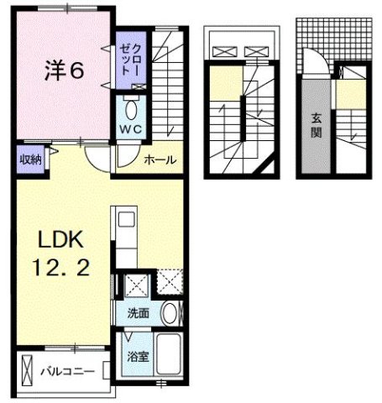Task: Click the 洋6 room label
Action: coord(63,71)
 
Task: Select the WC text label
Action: coord(131,129)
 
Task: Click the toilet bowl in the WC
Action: coord(131,110)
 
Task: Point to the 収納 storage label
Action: coord(25,159)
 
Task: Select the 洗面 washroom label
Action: coord(139,313)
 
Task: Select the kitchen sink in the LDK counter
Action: coord(127,222)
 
